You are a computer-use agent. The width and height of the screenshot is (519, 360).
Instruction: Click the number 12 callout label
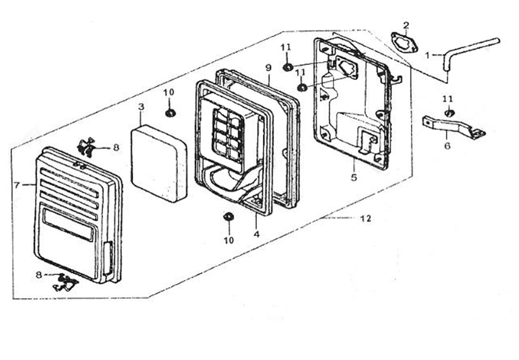pos(366,219)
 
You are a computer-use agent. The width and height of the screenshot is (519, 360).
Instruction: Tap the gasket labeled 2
pos(404,42)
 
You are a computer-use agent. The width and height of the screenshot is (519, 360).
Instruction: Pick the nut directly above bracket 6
pos(448,113)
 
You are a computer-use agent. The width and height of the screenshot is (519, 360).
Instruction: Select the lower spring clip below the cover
pos(65,282)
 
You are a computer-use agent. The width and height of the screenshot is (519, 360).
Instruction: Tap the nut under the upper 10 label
pos(170,113)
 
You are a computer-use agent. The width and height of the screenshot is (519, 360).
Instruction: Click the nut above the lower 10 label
pos(228,217)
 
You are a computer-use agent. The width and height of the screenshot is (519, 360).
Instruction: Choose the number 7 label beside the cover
pos(17,185)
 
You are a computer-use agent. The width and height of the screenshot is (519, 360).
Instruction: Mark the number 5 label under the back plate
pos(354,178)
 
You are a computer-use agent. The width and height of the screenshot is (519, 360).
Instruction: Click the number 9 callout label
pos(268,68)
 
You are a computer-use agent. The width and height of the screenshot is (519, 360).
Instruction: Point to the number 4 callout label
pos(257,234)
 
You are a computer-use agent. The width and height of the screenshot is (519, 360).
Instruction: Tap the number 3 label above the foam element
pos(141,107)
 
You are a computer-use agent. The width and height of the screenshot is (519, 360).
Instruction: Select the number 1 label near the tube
pos(427,55)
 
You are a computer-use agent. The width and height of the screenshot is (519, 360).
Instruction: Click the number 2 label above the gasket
pos(406,25)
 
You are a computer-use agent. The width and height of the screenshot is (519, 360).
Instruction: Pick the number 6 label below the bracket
pos(447,146)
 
